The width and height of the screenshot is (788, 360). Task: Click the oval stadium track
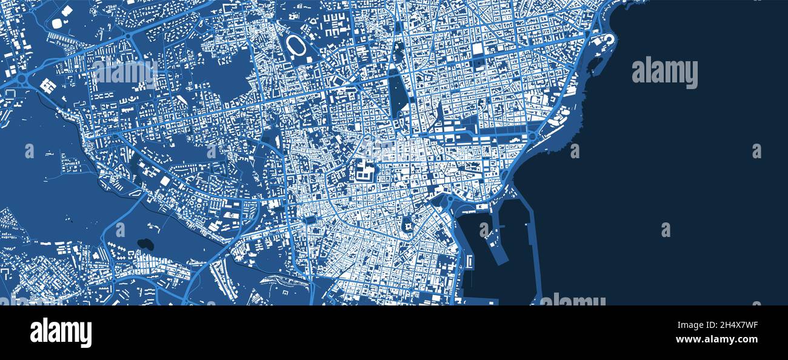296,44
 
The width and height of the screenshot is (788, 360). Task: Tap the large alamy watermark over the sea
664,72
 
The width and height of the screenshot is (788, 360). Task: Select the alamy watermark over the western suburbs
125,72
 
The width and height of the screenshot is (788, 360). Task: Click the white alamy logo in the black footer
61,333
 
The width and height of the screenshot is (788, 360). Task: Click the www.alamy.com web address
723,339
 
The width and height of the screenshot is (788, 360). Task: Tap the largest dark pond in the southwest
145,244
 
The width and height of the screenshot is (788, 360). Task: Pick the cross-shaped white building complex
47,86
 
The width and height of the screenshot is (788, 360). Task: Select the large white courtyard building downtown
365,172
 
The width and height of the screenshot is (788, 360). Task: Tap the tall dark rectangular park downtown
398,94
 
